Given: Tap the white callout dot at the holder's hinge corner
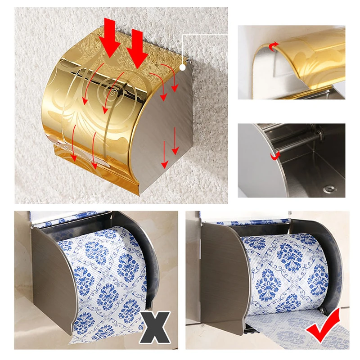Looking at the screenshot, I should coord(183,67).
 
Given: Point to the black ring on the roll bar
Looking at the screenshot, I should coord(319,134).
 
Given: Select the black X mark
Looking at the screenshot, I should coord(154,327).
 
